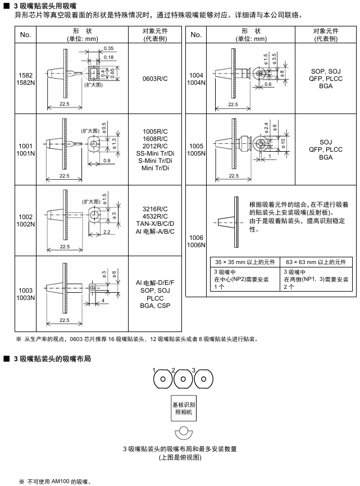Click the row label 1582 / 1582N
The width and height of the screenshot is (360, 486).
point(25,79)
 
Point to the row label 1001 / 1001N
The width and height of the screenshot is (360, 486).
point(25,149)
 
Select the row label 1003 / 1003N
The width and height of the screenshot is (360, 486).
point(25,294)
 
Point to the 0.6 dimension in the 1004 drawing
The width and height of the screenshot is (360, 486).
point(268,84)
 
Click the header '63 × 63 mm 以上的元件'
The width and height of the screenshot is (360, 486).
point(315,262)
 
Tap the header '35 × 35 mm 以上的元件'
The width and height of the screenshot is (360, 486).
point(244,262)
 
